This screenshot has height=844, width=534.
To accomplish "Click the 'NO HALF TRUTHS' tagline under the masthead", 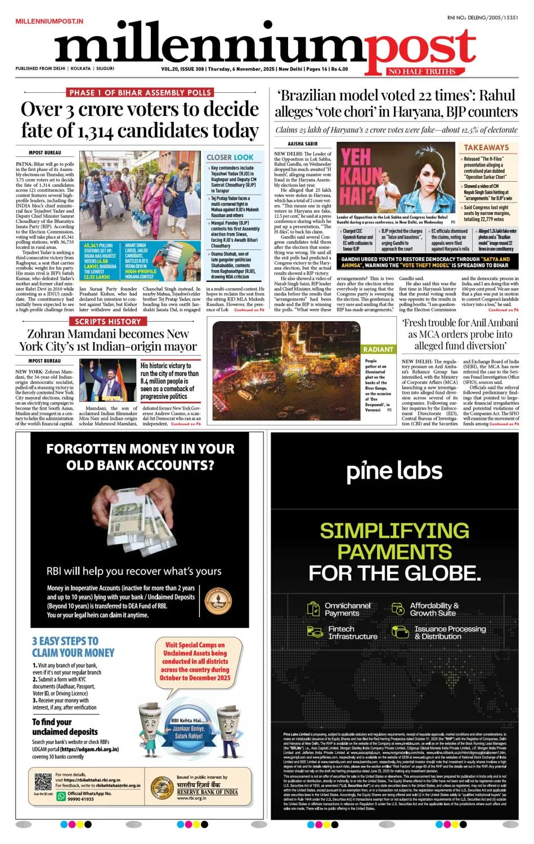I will [421, 71].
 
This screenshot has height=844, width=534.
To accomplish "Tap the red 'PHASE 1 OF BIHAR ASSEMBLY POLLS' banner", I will [140, 92].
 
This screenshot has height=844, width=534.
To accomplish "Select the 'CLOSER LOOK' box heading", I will [230, 157].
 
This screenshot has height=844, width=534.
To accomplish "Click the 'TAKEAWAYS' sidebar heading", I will [486, 147].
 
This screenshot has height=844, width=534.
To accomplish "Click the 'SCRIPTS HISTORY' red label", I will [108, 321].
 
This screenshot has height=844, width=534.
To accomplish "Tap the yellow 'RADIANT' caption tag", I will [378, 349].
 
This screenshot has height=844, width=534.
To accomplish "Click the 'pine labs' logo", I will [394, 472].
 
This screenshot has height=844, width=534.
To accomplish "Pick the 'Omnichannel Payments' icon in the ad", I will [313, 609].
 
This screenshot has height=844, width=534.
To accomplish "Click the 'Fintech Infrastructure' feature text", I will [353, 632].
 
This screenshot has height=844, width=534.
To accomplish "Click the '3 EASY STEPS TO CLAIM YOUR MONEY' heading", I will [73, 647].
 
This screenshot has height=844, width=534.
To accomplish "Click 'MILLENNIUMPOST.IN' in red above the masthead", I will [50, 21].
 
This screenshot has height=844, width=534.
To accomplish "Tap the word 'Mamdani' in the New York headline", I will [79, 334].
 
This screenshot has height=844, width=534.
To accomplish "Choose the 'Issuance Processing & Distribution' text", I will [450, 632].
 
